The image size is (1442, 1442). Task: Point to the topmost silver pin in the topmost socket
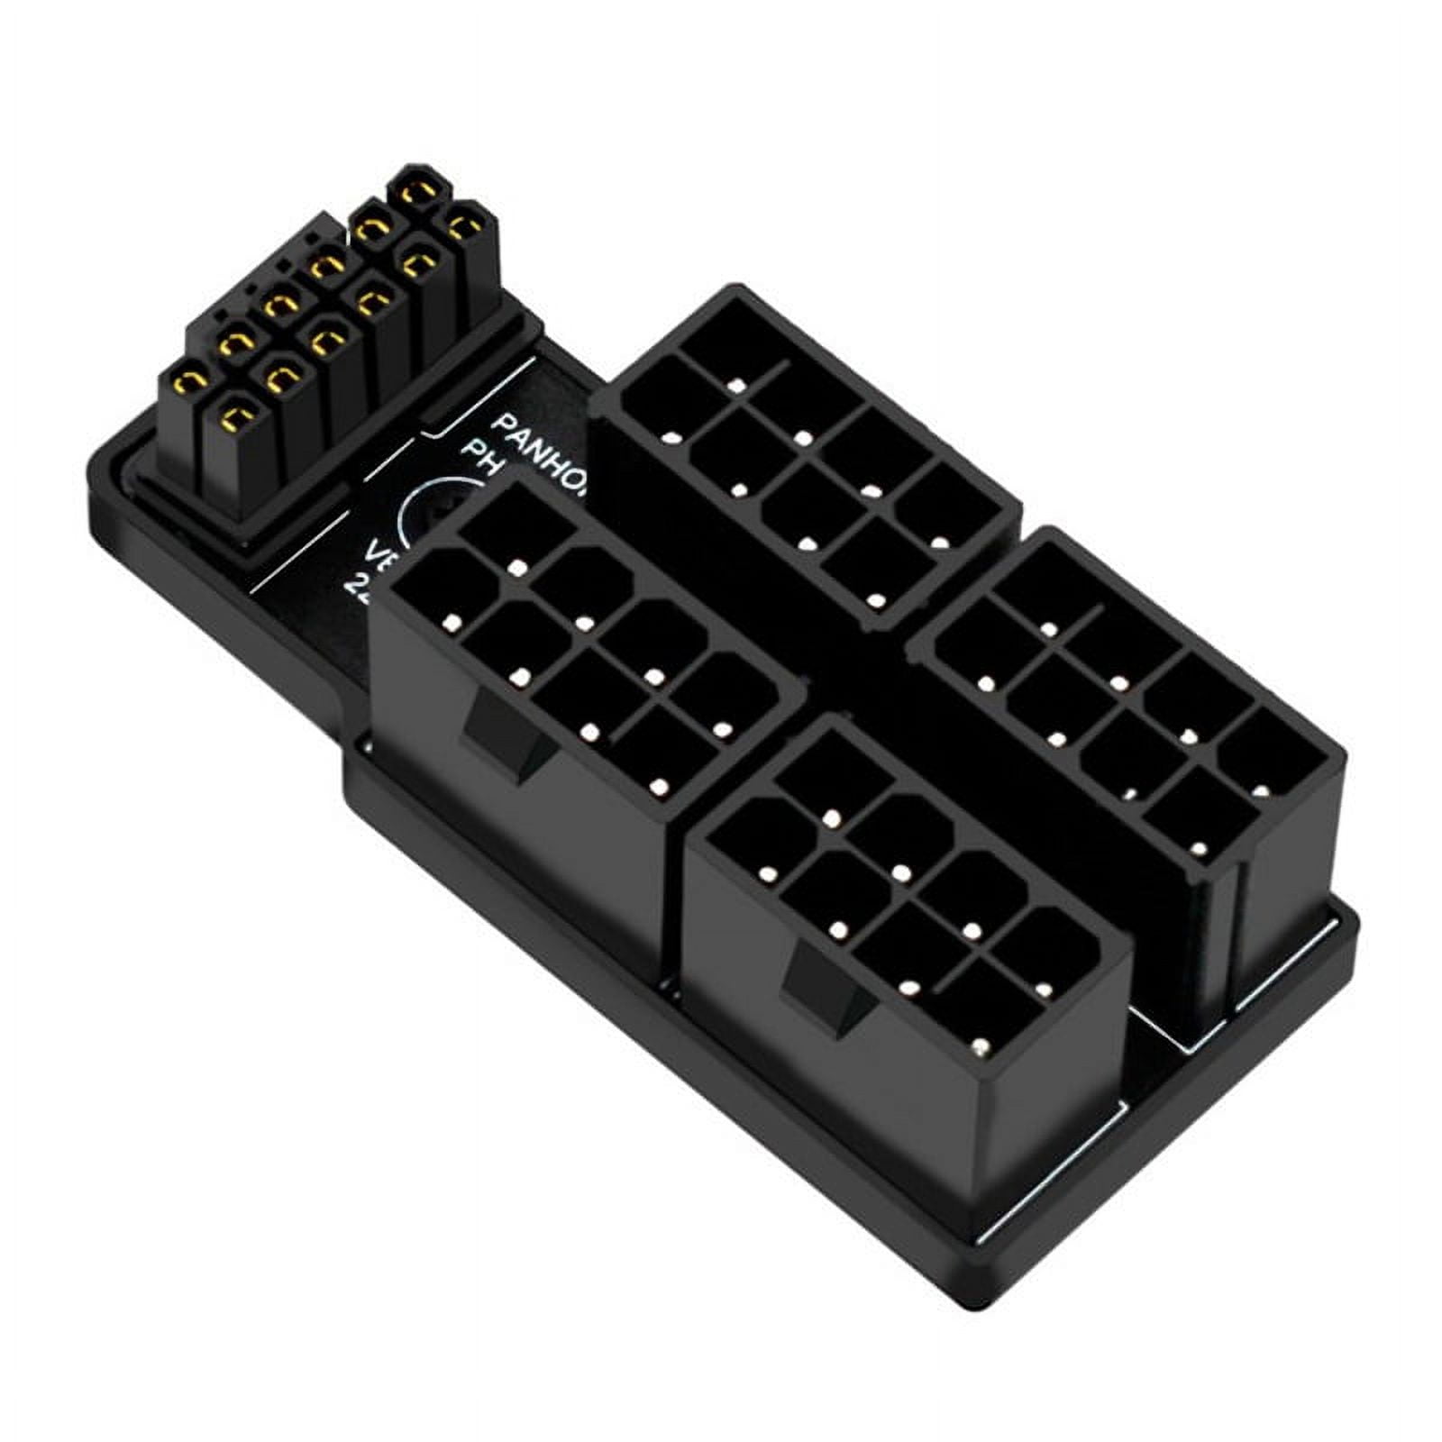737,387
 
